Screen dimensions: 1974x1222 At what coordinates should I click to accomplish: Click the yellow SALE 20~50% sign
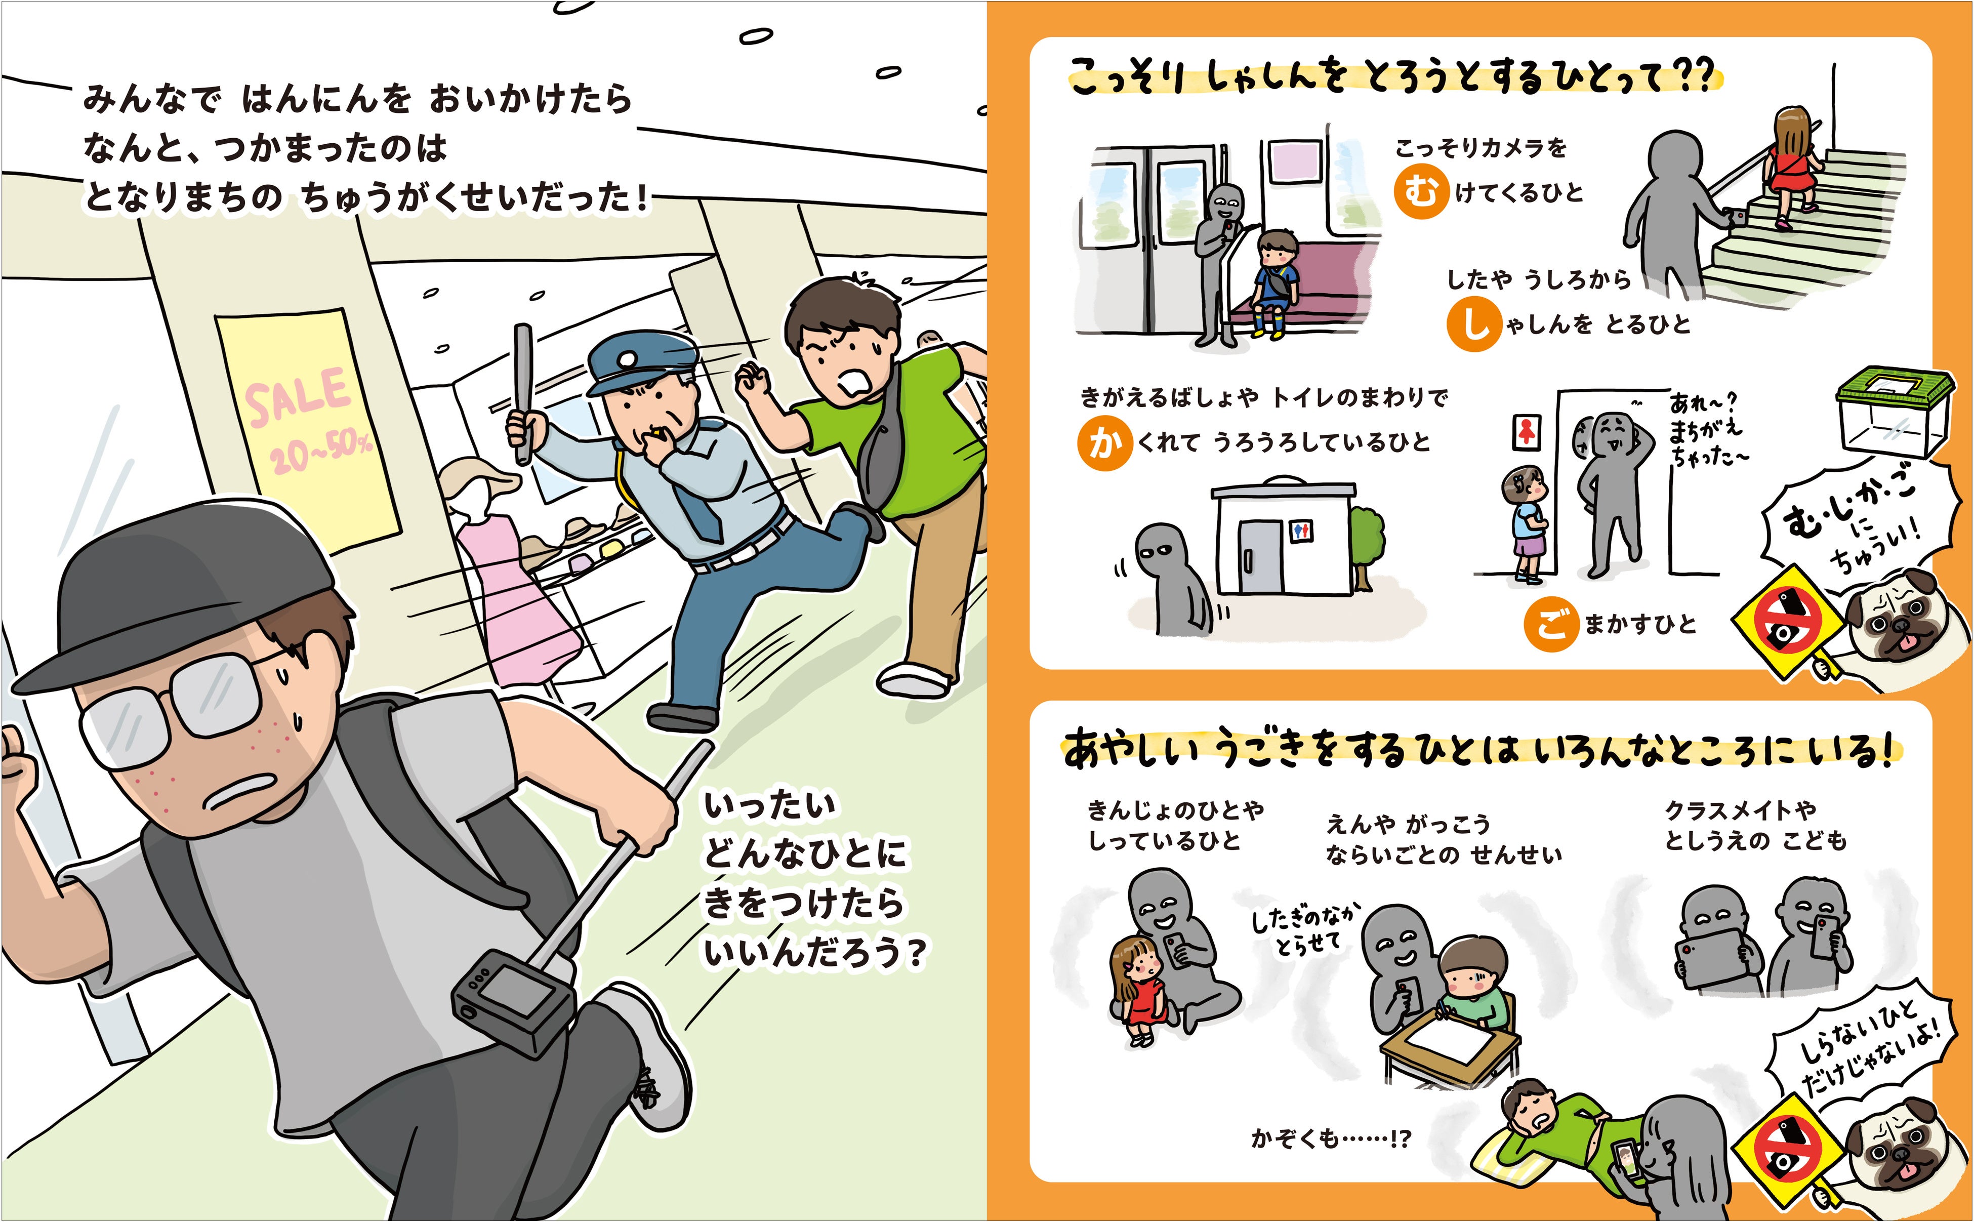pyautogui.click(x=307, y=428)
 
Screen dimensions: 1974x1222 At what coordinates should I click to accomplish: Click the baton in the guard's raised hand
pyautogui.click(x=523, y=394)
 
